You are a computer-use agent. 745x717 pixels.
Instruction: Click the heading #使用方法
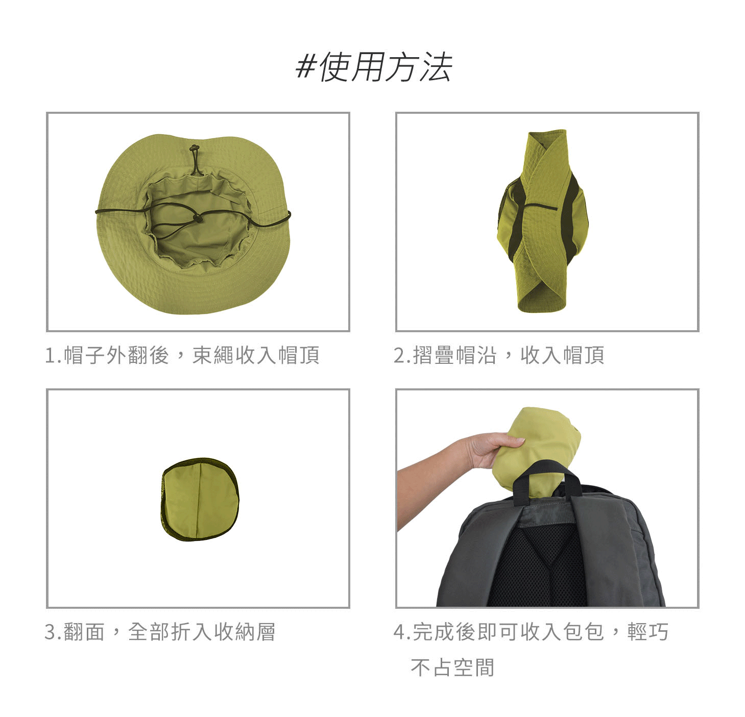pyautogui.click(x=374, y=67)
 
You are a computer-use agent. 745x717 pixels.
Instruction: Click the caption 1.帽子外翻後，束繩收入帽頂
pyautogui.click(x=182, y=355)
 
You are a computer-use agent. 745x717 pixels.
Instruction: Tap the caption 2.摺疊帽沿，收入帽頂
pyautogui.click(x=499, y=355)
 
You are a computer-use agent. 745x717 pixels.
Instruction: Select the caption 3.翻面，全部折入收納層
pyautogui.click(x=160, y=632)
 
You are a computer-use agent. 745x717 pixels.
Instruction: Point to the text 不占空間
pyautogui.click(x=452, y=667)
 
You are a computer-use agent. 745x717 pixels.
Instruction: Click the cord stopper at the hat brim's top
pyautogui.click(x=194, y=147)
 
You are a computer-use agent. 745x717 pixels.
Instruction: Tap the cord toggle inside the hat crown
pyautogui.click(x=198, y=218)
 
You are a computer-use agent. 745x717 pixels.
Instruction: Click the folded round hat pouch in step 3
pyautogui.click(x=200, y=499)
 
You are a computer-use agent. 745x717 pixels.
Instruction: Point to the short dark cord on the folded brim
pyautogui.click(x=541, y=207)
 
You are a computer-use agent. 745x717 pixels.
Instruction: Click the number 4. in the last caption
pyautogui.click(x=402, y=632)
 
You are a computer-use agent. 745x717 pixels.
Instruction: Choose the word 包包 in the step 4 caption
pyautogui.click(x=584, y=632)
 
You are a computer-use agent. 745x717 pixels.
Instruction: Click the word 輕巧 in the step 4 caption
pyautogui.click(x=648, y=632)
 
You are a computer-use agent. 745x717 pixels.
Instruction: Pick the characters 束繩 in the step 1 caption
pyautogui.click(x=213, y=355)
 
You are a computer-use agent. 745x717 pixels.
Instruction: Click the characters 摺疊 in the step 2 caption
pyautogui.click(x=434, y=355)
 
